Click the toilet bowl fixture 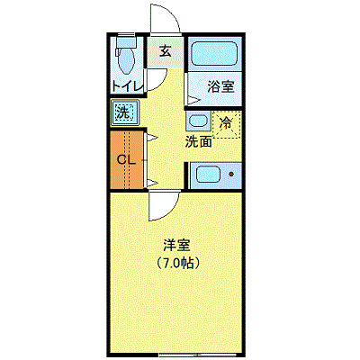pos(125,61)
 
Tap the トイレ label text pos(126,86)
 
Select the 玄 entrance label pos(166,51)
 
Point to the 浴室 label pos(220,87)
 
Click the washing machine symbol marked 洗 pos(123,113)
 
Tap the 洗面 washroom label pos(198,141)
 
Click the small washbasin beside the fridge pos(197,120)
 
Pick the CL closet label pos(126,160)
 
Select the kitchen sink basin pos(206,175)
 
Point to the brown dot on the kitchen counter pos(231,174)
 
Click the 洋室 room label pos(176,245)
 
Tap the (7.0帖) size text pos(176,264)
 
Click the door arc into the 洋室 pos(163,205)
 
